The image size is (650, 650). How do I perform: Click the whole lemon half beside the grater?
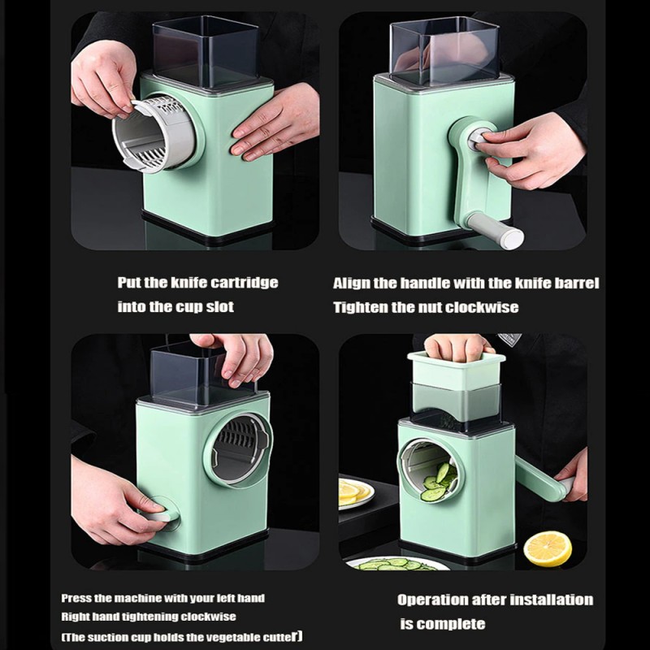pyautogui.click(x=548, y=548)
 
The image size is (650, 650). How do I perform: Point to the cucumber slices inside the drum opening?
pyautogui.click(x=439, y=482)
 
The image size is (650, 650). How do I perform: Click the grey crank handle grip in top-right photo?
pyautogui.click(x=496, y=231)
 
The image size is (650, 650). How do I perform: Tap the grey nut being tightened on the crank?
pyautogui.click(x=478, y=140)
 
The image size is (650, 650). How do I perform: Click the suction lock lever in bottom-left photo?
pyautogui.click(x=162, y=514)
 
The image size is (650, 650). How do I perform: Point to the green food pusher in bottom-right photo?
pyautogui.click(x=457, y=370)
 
